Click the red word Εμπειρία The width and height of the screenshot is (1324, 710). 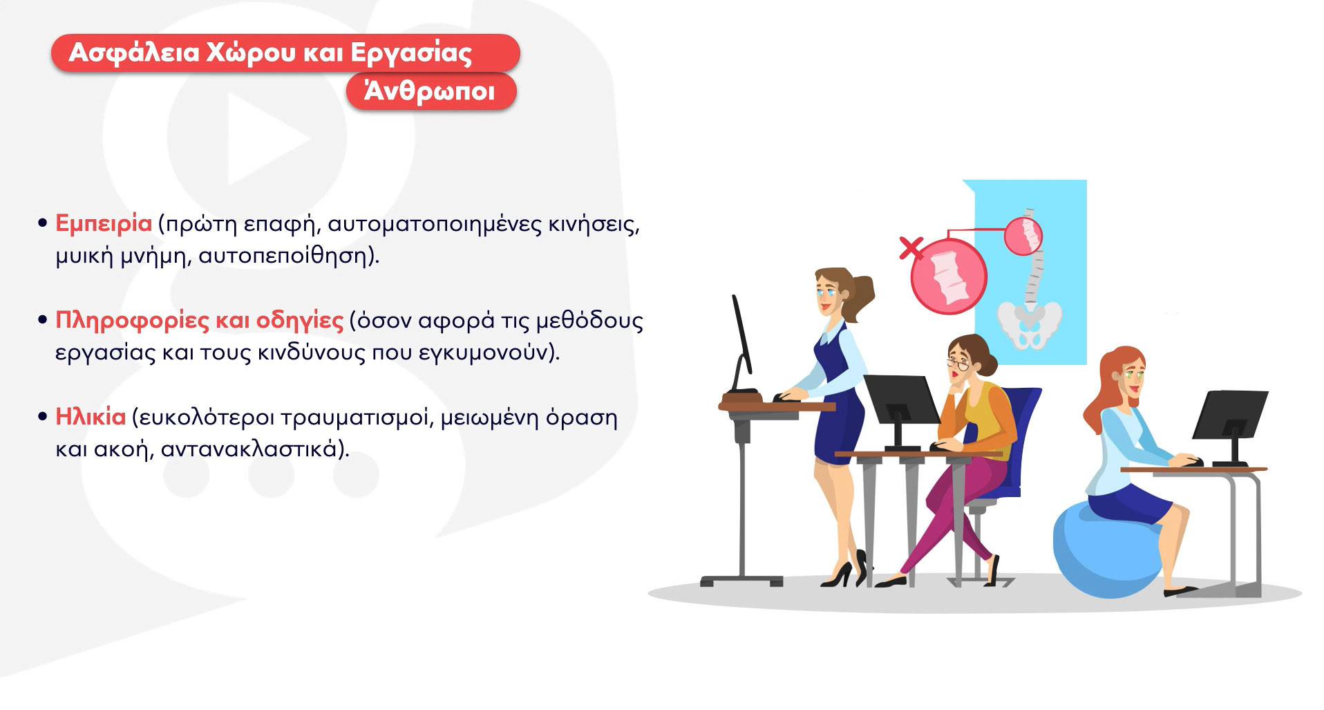pos(104,224)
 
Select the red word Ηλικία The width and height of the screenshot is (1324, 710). pos(91,417)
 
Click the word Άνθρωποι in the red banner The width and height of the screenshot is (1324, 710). pos(430,91)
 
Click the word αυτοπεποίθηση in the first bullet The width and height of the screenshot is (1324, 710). pos(289,256)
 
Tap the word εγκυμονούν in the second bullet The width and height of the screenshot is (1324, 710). pos(488,353)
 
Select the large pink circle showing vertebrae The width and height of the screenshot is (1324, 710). pos(949,276)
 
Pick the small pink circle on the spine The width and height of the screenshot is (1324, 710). pos(1023,236)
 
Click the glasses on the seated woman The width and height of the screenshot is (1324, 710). pos(957,364)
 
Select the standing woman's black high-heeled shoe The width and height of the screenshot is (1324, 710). pos(838,574)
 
